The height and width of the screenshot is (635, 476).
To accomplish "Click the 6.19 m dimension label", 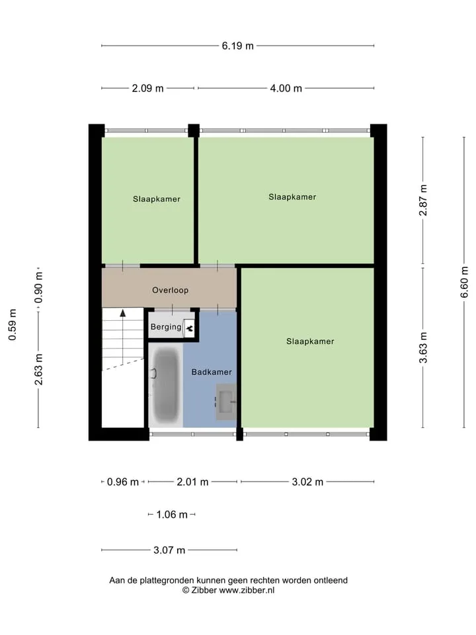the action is click(x=237, y=46).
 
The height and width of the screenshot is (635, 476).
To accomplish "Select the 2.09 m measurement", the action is click(x=147, y=88).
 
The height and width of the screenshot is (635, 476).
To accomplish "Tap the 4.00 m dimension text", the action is click(x=286, y=88).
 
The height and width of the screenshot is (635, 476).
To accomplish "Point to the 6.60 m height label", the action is click(x=464, y=282).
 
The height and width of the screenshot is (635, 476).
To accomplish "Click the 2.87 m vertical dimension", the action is click(x=423, y=200).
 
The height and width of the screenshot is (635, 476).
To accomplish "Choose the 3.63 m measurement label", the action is click(x=423, y=347).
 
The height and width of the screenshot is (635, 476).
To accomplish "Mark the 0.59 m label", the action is click(x=13, y=324).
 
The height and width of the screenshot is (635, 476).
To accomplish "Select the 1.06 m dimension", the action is click(x=172, y=515).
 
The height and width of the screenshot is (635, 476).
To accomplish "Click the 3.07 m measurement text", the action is click(x=169, y=550).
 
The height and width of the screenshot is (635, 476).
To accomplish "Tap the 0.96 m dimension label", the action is click(x=123, y=482).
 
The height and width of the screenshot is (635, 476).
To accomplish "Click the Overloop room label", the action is click(x=171, y=290).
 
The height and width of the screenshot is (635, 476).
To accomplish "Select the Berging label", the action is click(x=166, y=327).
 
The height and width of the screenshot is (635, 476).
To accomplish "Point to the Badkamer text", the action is click(x=212, y=372).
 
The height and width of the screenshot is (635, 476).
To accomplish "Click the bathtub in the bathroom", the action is click(x=166, y=385).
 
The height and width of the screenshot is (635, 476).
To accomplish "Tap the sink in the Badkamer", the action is click(x=226, y=402).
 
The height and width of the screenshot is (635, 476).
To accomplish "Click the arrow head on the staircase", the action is click(x=123, y=313).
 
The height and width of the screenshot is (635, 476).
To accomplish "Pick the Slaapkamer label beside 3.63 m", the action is click(x=311, y=341).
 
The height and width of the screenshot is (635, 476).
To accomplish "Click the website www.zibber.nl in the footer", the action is click(x=247, y=591).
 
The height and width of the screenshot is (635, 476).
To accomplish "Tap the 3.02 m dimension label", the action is click(x=307, y=482).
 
